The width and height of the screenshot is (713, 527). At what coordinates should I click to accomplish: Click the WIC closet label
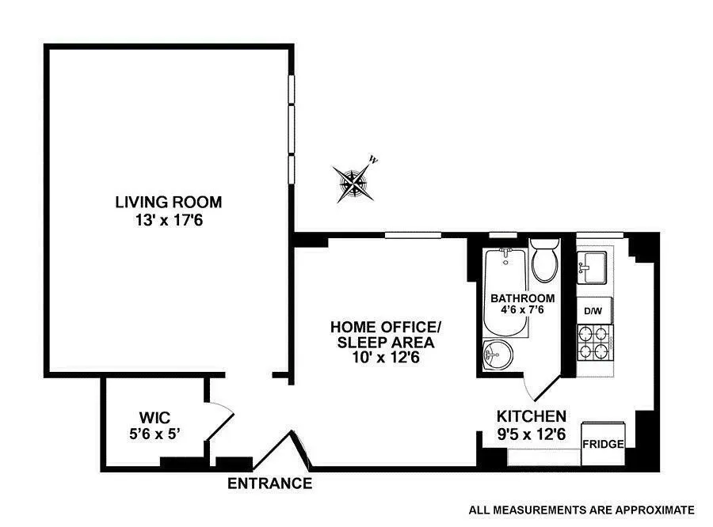[154, 417]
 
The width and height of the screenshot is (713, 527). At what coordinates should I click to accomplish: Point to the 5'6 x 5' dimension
[154, 433]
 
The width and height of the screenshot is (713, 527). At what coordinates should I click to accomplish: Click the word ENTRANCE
[269, 483]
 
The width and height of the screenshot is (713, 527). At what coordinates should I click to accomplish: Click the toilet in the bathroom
[545, 261]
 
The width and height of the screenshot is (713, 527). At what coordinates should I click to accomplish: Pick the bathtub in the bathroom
[505, 293]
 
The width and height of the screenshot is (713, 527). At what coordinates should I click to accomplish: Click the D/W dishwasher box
[593, 311]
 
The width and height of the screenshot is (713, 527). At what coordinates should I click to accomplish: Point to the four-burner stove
[595, 347]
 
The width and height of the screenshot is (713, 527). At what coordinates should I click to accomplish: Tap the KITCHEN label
[531, 416]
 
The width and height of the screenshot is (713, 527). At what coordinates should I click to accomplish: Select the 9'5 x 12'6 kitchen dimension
[531, 434]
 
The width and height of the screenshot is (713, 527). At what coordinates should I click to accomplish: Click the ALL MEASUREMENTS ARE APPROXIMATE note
[581, 510]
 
